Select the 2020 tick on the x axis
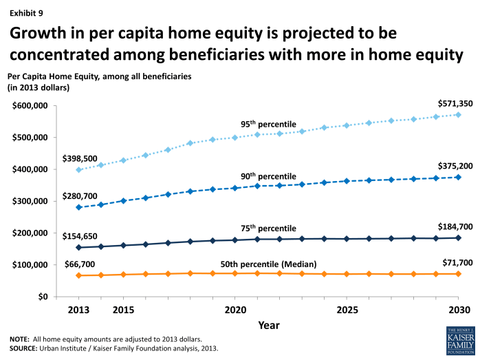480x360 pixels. tap(234, 309)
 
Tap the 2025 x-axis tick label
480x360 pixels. tap(346, 309)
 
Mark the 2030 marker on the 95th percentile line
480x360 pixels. tap(458, 115)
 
